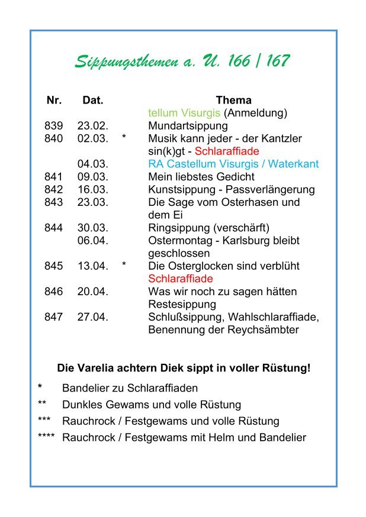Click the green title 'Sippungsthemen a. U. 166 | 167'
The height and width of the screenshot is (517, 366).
(182, 61)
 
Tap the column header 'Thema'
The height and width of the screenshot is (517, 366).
(233, 100)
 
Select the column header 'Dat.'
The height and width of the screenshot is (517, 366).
(93, 100)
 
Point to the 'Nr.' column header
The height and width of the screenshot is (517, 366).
(54, 100)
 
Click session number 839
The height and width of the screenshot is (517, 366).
(53, 126)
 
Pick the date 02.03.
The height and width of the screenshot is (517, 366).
(92, 138)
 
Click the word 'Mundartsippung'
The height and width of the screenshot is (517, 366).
(188, 126)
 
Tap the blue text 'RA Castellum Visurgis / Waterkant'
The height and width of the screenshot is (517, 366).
(233, 164)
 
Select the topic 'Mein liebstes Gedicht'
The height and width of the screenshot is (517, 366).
(201, 177)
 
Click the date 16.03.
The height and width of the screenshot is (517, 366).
(92, 190)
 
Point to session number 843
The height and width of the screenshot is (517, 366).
(53, 202)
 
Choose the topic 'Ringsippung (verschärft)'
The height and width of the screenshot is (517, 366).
(208, 228)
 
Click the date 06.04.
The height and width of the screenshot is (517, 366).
(92, 241)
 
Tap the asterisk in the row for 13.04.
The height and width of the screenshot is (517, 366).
(124, 266)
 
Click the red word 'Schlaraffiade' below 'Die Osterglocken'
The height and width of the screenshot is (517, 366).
(181, 279)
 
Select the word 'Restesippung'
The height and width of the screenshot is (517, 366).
(182, 304)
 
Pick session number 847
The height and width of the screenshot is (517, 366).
(53, 317)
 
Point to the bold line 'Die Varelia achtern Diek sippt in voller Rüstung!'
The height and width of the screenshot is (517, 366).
(184, 368)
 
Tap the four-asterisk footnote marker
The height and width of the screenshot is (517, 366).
(46, 438)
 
